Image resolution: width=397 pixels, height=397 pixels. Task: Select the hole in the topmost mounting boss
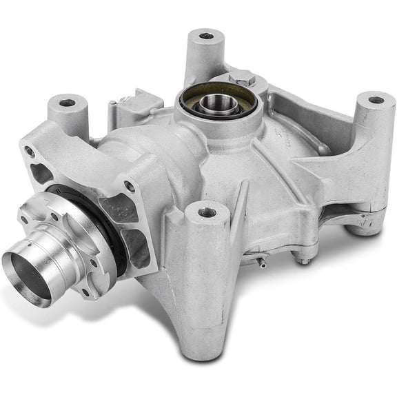(x=205, y=36)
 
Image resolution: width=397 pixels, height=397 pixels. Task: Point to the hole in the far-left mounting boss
(x=67, y=103)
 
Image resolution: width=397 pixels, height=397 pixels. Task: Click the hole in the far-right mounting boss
(x=376, y=100)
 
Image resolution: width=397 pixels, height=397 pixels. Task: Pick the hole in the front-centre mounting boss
(x=207, y=212)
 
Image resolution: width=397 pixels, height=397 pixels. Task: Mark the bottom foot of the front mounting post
(x=197, y=347)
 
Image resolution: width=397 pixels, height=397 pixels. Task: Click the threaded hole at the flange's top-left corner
(x=29, y=150)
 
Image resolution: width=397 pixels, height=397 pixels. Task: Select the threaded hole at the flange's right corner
(x=129, y=186)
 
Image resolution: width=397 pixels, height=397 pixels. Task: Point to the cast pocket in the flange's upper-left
(x=43, y=172)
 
